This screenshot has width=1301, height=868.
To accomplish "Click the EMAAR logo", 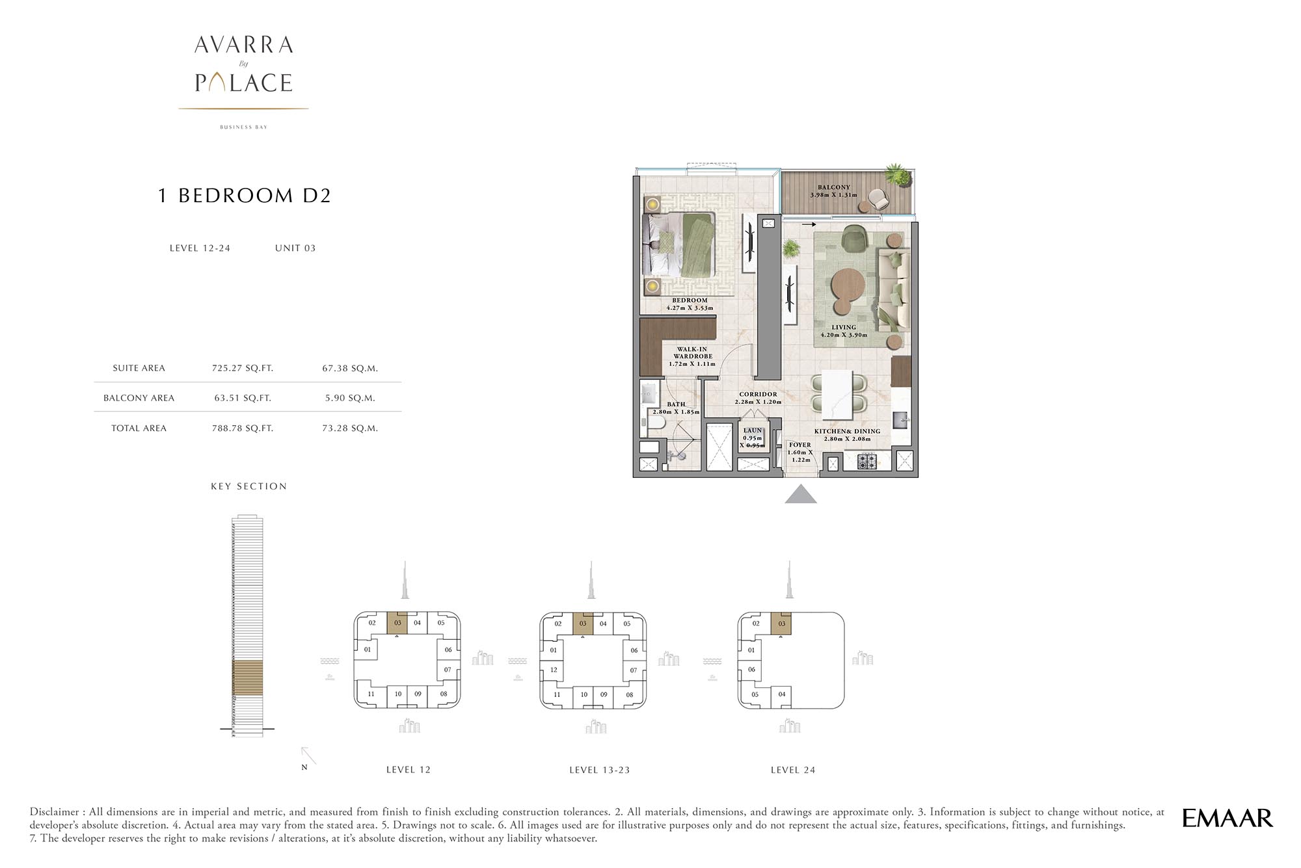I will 1227,818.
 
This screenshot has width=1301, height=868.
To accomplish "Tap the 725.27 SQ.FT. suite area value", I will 243,368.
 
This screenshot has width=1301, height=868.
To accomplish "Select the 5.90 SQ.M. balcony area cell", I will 350,398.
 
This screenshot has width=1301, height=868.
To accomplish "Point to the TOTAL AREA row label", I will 139,428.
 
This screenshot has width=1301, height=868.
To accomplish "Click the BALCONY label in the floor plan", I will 834,187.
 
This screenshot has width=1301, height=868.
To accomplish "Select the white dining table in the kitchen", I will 837,395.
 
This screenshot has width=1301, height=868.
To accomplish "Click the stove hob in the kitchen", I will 866,462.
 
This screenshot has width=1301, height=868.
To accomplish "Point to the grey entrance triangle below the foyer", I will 800,494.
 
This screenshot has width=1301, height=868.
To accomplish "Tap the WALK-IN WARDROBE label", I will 693,353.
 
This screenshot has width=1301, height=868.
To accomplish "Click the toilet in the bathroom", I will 653,425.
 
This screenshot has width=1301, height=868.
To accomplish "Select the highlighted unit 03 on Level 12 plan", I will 397,623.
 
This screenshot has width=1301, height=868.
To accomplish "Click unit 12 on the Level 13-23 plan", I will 554,670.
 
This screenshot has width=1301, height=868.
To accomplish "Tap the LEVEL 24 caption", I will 792,770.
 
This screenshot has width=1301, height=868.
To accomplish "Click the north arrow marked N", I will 308,757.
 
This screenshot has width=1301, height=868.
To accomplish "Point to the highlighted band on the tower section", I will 247,677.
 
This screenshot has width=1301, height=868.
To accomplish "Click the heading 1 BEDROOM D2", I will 245,196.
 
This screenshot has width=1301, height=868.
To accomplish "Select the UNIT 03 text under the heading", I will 295,248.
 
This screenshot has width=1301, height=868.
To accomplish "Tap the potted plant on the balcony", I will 897,174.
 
